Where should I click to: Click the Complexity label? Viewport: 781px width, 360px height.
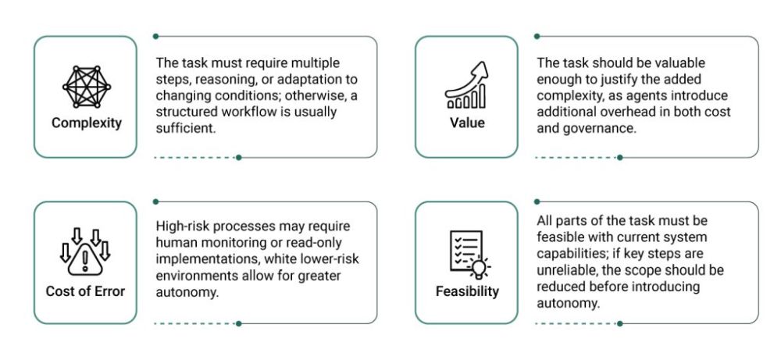(86, 123)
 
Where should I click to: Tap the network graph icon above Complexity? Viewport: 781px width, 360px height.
(86, 87)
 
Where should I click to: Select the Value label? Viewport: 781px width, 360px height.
(467, 123)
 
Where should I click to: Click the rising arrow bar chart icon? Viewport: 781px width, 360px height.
(466, 85)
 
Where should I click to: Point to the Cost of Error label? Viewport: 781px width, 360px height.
(85, 290)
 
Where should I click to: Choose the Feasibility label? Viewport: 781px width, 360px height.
(467, 290)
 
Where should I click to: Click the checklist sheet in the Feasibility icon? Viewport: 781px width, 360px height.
(465, 251)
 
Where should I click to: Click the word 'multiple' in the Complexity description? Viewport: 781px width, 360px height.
(316, 63)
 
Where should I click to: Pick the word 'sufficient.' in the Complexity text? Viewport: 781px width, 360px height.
(185, 129)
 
